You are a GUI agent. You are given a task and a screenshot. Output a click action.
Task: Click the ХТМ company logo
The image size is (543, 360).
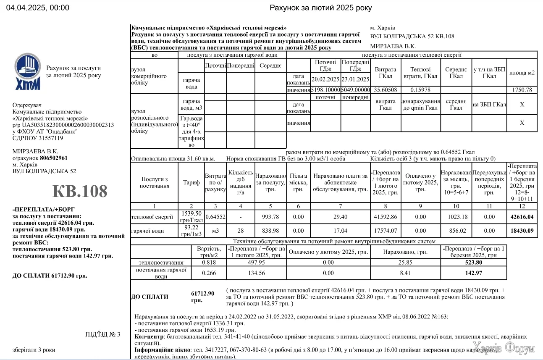pyautogui.click(x=28, y=71)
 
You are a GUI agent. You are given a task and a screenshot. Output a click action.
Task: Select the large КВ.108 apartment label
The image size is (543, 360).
pyautogui.click(x=80, y=191)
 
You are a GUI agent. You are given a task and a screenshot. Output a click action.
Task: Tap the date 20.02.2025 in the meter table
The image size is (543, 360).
pyautogui.click(x=325, y=79)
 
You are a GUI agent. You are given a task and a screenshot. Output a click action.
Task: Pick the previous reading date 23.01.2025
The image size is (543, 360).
pyautogui.click(x=355, y=79)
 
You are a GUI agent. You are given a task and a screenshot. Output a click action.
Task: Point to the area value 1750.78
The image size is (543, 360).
pyautogui.click(x=522, y=90)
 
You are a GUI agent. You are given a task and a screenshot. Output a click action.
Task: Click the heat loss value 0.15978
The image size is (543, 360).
pyautogui.click(x=420, y=90)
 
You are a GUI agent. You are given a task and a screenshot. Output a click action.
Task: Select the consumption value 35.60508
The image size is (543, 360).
pyautogui.click(x=386, y=90)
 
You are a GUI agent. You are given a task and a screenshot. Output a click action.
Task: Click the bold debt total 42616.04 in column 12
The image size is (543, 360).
pyautogui.click(x=522, y=217)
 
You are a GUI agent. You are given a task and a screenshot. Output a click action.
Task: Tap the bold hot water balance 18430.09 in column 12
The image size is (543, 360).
pyautogui.click(x=522, y=231)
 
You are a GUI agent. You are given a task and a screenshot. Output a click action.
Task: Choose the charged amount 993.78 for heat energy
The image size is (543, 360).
pyautogui.click(x=270, y=217)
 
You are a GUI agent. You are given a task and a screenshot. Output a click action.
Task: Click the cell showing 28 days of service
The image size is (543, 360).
pyautogui.click(x=241, y=231)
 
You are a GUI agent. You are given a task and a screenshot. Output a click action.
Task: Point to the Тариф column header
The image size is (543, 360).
pyautogui.click(x=191, y=182)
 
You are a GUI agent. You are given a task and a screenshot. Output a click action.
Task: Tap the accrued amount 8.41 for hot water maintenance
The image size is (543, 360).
pyautogui.click(x=405, y=273)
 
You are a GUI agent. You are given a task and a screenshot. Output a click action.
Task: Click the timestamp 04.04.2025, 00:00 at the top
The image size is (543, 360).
pyautogui.click(x=38, y=8)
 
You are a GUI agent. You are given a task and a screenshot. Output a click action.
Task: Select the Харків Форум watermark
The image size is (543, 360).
pyautogui.click(x=503, y=349)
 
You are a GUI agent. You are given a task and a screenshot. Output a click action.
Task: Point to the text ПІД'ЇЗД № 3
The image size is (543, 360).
pyautogui.click(x=102, y=334)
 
